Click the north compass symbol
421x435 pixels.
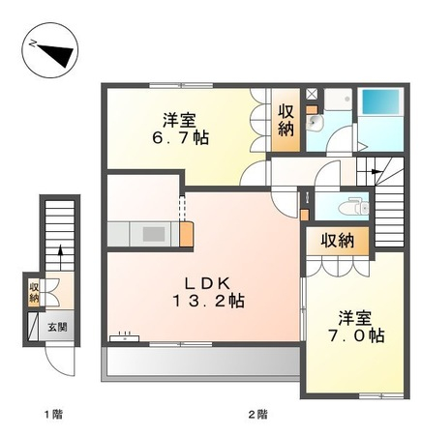pos(50,50)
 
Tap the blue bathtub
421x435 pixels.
pos(380,101)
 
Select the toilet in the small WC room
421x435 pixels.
pos(354,207)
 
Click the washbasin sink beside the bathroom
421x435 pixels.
pos(315,123)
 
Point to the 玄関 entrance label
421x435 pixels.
pos(57,328)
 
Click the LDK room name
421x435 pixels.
pos(207,284)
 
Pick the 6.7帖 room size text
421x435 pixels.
pos(180,138)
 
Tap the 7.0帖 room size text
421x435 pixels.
pos(355,335)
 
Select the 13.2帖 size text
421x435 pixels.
pos(208,302)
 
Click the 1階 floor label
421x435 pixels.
pos(53,414)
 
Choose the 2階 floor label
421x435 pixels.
pos(257,414)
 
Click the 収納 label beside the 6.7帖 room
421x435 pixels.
pos(286,121)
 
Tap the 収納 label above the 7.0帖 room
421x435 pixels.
pos(338,241)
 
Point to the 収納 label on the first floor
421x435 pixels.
pos(34,292)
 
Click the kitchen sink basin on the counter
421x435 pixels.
pos(154,234)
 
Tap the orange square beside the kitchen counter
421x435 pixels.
pos(186,234)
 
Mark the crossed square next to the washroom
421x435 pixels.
pos(312,94)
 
